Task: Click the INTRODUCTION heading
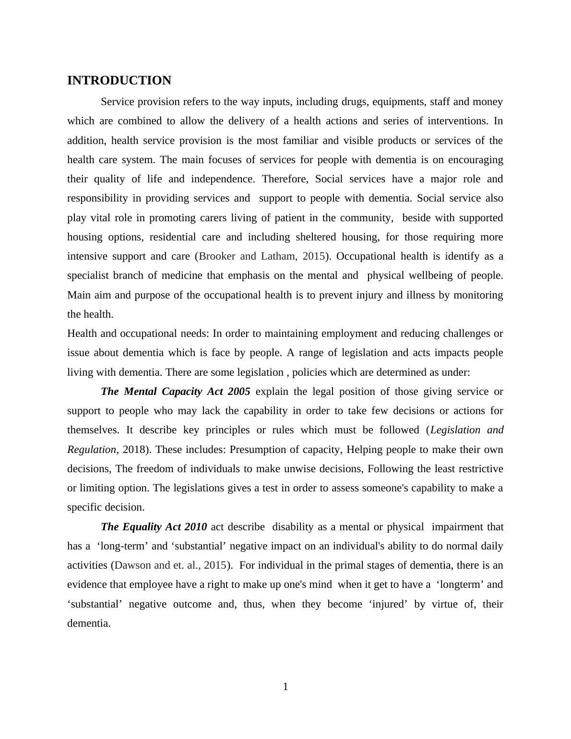119,81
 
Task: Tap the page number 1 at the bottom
285,687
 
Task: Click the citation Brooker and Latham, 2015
262,256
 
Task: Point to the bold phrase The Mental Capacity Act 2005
176,392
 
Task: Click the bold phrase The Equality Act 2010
154,527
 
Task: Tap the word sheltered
318,237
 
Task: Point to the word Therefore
285,179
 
